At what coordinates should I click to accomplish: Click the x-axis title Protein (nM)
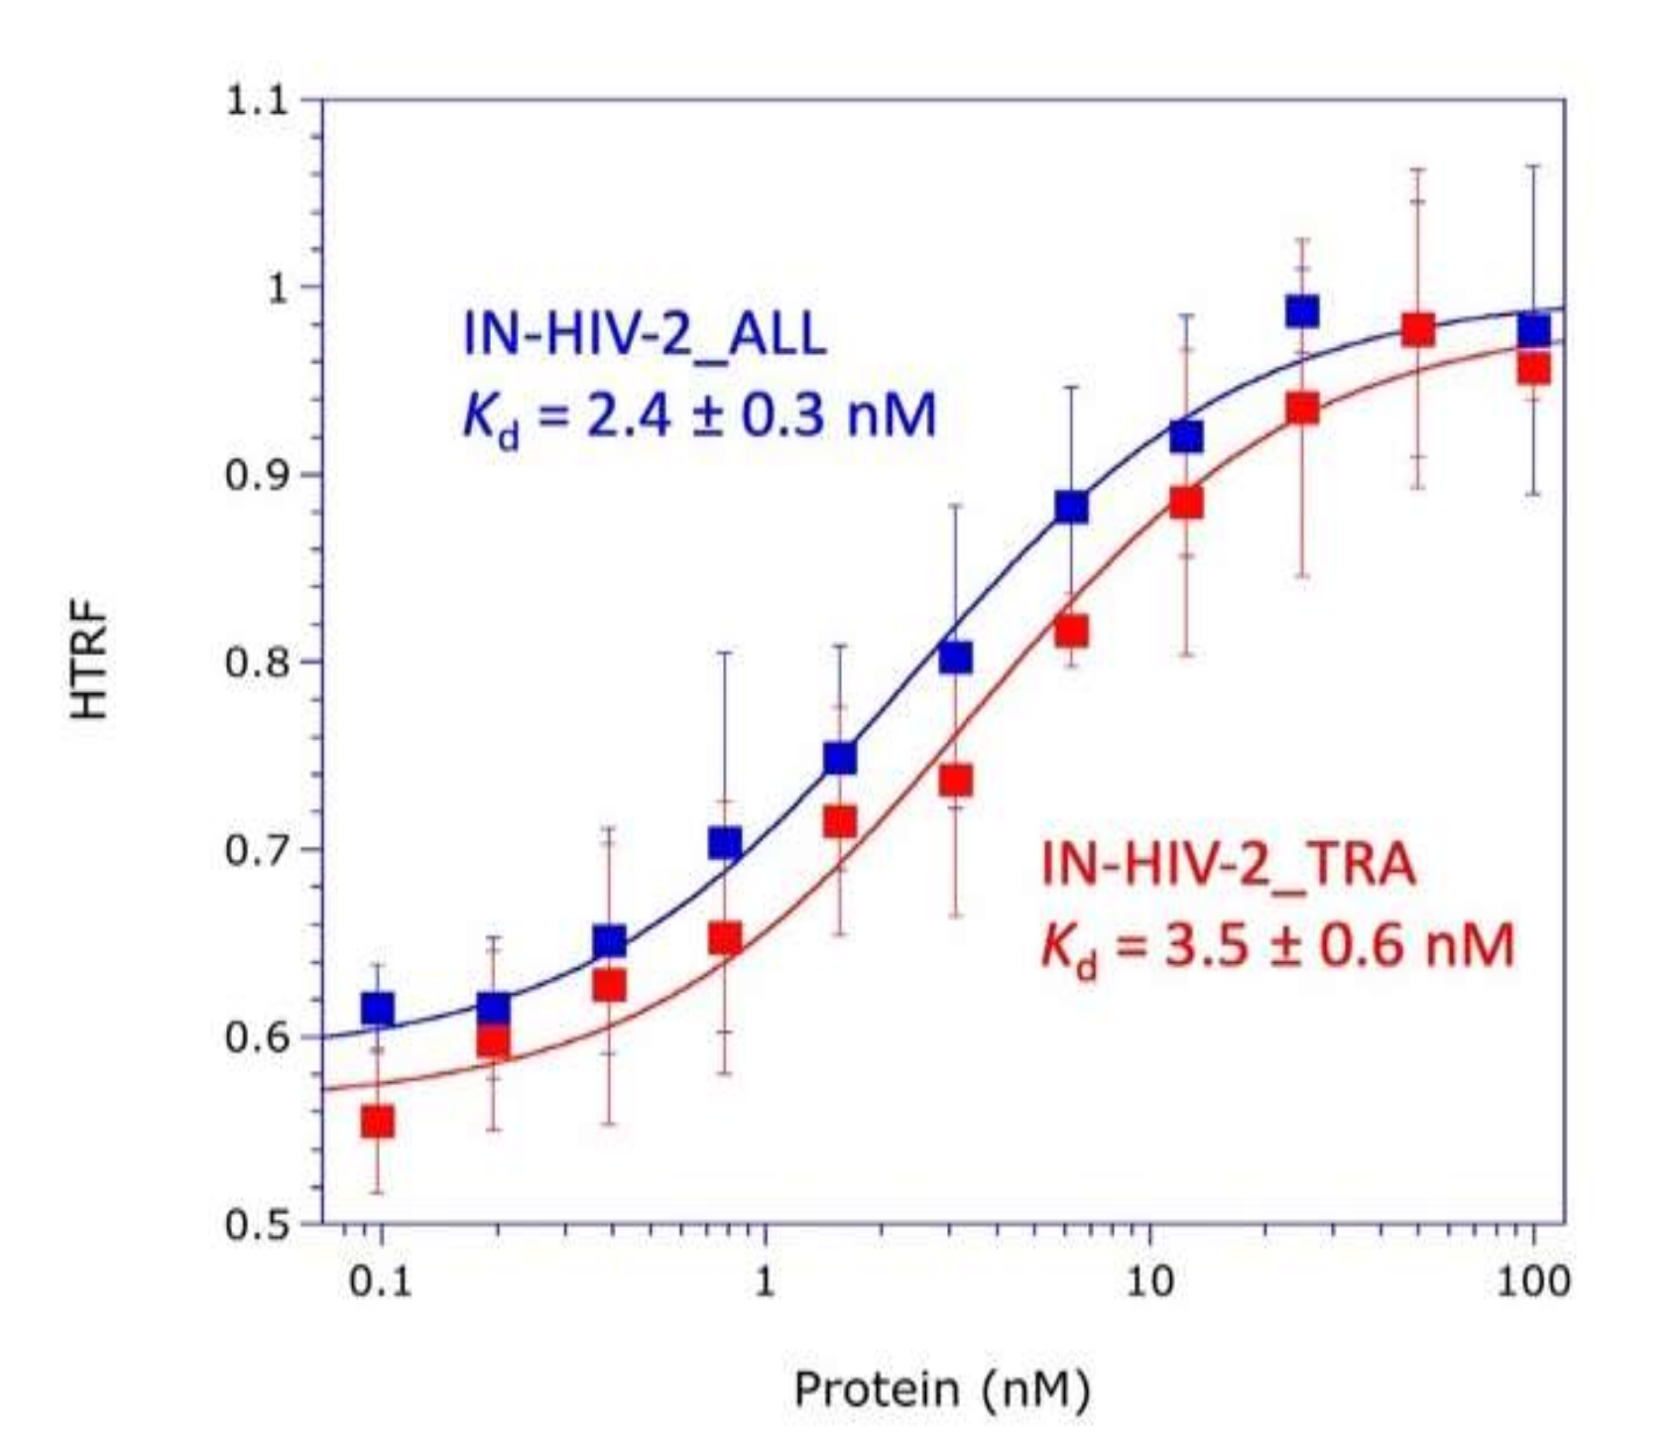[x=941, y=1389]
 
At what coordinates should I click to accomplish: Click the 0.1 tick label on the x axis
[x=381, y=1281]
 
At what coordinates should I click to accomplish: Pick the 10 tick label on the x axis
[x=1148, y=1281]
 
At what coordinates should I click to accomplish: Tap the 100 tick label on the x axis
[x=1532, y=1281]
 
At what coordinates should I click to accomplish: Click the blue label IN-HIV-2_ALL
[x=645, y=335]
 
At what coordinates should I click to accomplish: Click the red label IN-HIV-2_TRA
[x=1228, y=865]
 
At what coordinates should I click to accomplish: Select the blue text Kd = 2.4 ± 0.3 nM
[x=699, y=417]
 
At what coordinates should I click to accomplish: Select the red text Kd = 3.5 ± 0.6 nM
[x=1277, y=946]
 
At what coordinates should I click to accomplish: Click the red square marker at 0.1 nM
[x=378, y=1122]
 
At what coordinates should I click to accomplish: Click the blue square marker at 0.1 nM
[x=378, y=1009]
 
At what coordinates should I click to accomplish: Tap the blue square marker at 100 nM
[x=1534, y=331]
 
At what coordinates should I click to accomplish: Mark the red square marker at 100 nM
[x=1534, y=370]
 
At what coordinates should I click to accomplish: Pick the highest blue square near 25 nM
[x=1302, y=311]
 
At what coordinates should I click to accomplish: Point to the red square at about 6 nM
[x=1071, y=631]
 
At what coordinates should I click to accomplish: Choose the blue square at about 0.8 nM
[x=725, y=843]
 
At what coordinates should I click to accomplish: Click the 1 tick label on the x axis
[x=765, y=1281]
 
